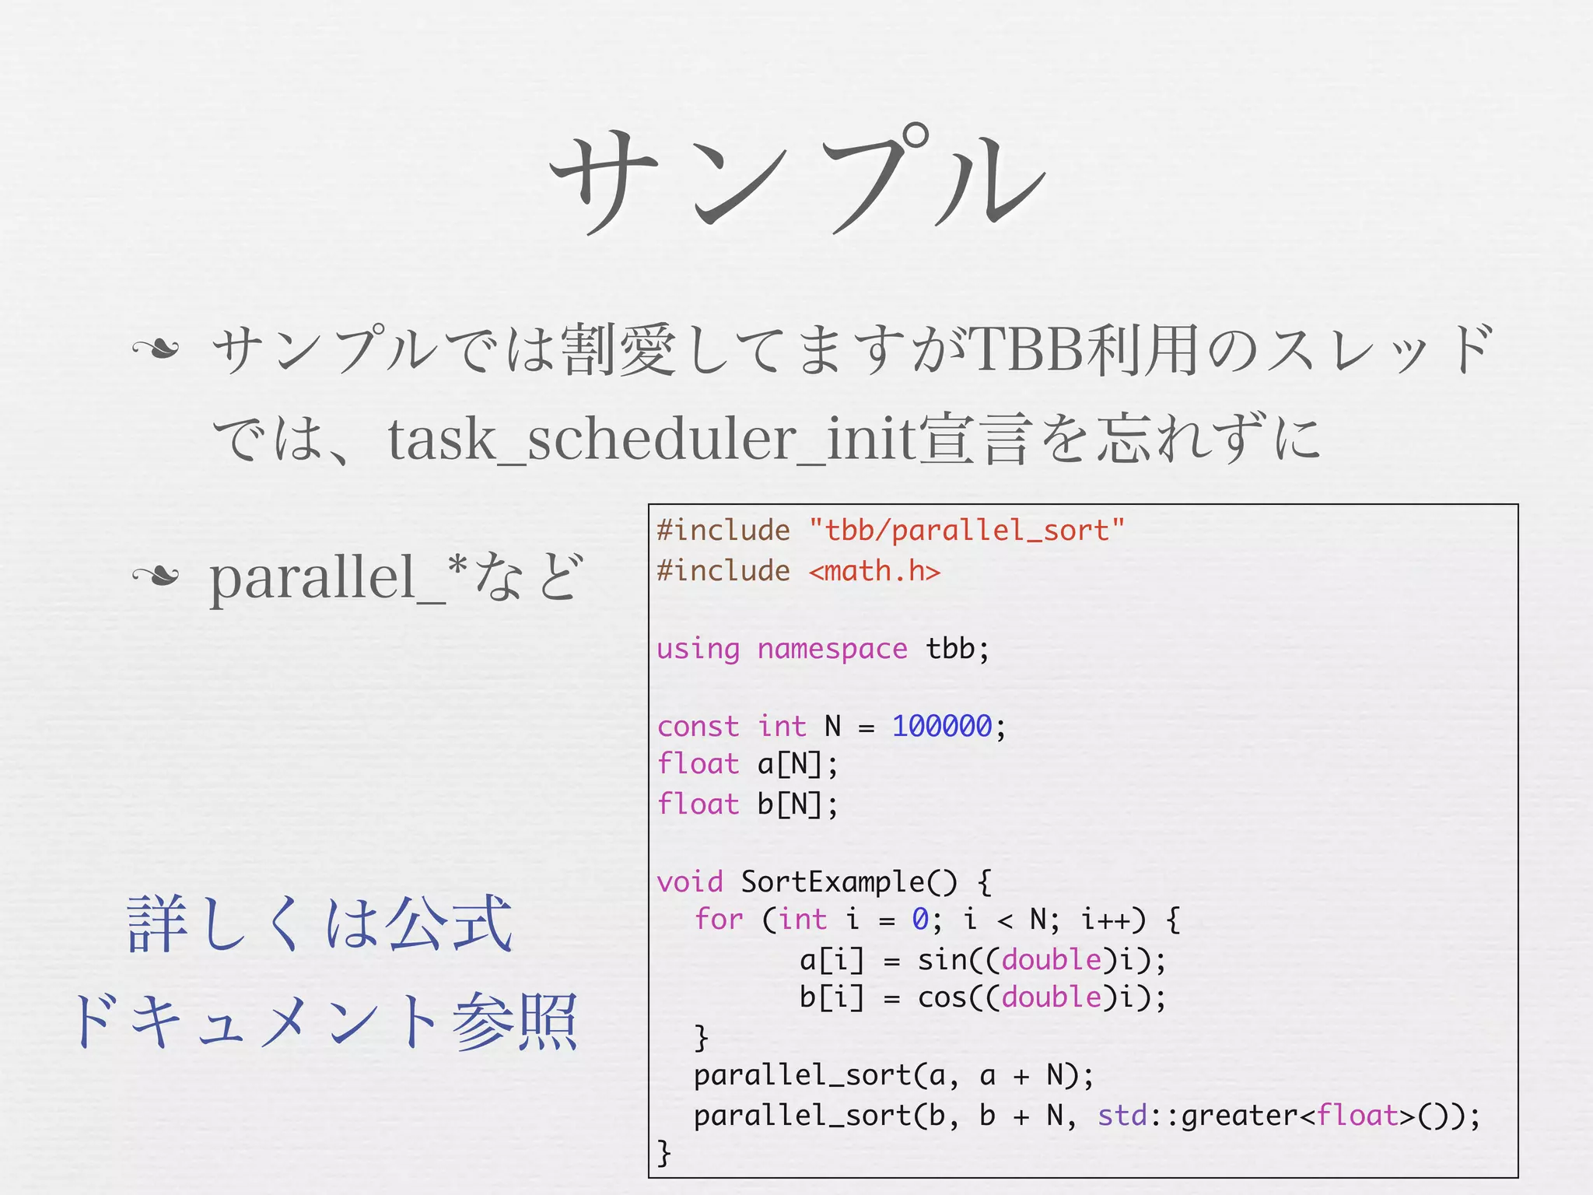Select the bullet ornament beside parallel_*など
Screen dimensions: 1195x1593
tap(156, 576)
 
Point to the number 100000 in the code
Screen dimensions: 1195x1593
tap(941, 727)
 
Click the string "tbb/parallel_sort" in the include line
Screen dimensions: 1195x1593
tap(967, 531)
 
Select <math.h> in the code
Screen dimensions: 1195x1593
tap(874, 572)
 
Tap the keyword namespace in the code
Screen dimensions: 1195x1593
tap(832, 649)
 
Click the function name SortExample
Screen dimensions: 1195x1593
tap(832, 882)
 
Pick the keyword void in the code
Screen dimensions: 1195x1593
tap(689, 882)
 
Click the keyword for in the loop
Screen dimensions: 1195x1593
tap(719, 920)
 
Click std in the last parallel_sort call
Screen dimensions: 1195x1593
tap(1122, 1116)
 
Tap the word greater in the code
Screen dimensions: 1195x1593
tap(1238, 1116)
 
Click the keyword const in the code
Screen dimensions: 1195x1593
tap(698, 727)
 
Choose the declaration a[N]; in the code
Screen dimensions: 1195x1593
tap(797, 765)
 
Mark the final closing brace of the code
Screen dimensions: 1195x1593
tap(663, 1151)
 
